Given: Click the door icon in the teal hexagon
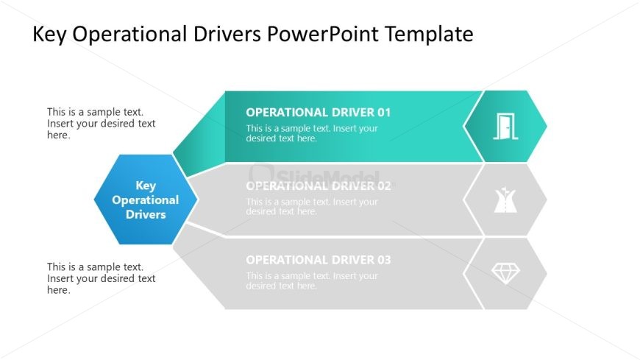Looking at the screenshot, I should (506, 126).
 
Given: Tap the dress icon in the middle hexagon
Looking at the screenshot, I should (505, 200).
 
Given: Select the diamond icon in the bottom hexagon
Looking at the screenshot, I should (505, 273).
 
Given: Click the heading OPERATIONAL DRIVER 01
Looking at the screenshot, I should (318, 113).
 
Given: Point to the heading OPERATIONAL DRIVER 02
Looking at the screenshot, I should (318, 186).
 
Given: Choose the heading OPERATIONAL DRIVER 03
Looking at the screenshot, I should (318, 260).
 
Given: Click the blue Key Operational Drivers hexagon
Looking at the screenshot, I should (146, 200).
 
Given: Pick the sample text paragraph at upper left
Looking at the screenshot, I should (102, 124).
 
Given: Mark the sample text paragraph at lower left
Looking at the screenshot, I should (102, 278).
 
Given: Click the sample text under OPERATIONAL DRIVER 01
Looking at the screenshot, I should (312, 133).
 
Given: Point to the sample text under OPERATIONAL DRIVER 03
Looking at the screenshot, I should (312, 280).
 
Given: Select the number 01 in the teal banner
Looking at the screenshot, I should (383, 113).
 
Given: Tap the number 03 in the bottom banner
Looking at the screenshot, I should (383, 260).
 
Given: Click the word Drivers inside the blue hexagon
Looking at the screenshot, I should (146, 215).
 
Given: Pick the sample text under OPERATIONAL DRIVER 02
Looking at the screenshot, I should (312, 207).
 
